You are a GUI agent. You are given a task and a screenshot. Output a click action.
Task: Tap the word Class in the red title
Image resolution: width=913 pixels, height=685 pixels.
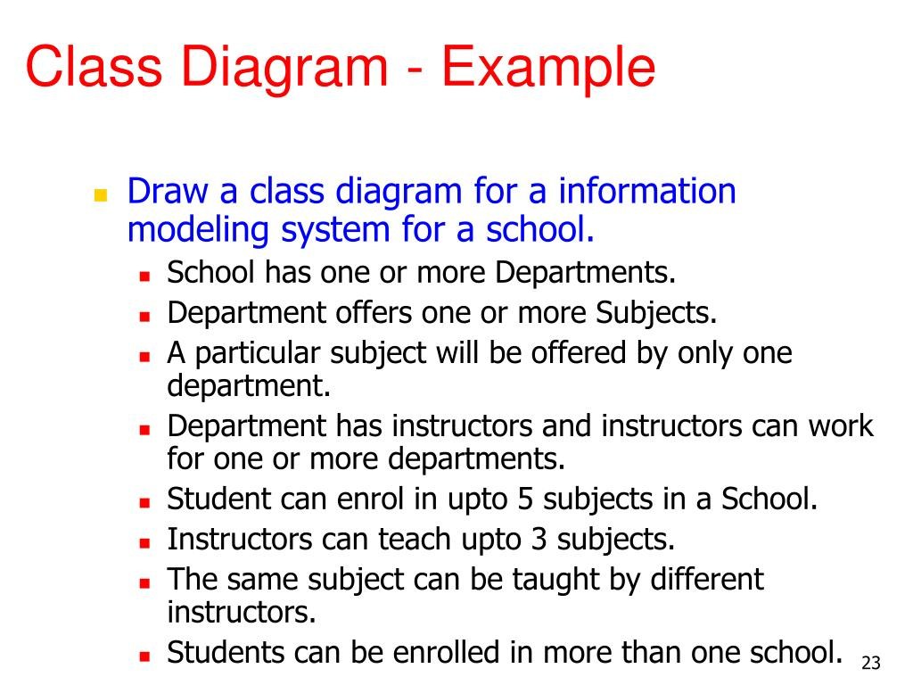click(x=94, y=66)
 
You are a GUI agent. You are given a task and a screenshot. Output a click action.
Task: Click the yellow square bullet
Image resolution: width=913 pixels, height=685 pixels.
click(x=101, y=194)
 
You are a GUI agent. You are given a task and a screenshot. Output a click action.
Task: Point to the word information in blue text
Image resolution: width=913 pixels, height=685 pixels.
click(x=647, y=191)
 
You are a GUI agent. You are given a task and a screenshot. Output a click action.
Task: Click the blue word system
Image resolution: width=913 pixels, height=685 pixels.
click(x=335, y=231)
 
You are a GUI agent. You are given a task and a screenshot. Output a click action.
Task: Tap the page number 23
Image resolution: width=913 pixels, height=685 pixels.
click(x=871, y=663)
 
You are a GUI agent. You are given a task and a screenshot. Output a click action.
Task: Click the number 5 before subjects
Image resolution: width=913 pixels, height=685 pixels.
click(x=525, y=499)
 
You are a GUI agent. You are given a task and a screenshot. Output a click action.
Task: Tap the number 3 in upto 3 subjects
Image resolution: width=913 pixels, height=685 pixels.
click(x=539, y=540)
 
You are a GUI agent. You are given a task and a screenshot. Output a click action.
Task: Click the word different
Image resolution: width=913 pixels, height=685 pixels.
click(x=707, y=579)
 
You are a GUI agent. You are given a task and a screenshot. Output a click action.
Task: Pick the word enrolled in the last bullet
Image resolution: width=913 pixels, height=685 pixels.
click(x=446, y=652)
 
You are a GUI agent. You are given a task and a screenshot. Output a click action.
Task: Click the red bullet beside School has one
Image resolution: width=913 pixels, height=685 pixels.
click(x=145, y=276)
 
